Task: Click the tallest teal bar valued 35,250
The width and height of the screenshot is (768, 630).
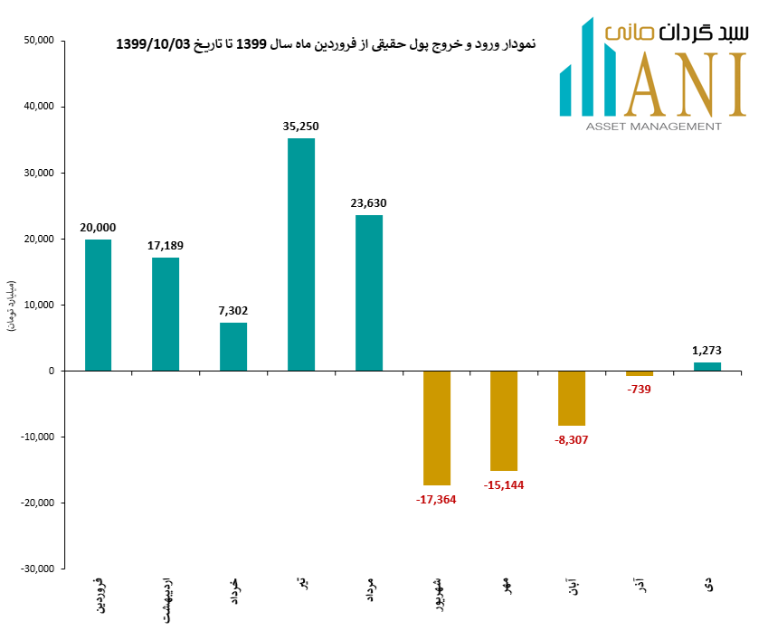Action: (x=301, y=254)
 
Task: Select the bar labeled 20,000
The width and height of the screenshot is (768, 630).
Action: (x=98, y=305)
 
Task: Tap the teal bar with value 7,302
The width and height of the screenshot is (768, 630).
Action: (x=233, y=346)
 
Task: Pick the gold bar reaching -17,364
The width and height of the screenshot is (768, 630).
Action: (x=437, y=428)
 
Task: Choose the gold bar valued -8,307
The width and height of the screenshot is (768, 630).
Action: (x=572, y=398)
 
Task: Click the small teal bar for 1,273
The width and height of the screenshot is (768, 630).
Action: (x=707, y=366)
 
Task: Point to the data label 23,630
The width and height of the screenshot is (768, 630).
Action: (x=368, y=203)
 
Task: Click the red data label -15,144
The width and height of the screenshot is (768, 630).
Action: (x=504, y=485)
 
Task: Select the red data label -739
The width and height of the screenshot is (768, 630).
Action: (x=639, y=390)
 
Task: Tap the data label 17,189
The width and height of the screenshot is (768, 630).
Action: (x=166, y=246)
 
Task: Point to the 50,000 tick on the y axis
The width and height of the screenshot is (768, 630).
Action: (x=39, y=41)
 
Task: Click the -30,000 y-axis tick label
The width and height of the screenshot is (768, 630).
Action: (x=37, y=569)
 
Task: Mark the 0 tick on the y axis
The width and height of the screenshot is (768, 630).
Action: (x=52, y=371)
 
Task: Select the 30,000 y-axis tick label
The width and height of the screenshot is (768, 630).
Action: (x=39, y=173)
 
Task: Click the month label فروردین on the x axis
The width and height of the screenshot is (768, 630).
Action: (x=99, y=592)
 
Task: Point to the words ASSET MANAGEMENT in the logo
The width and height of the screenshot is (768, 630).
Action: (x=654, y=127)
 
